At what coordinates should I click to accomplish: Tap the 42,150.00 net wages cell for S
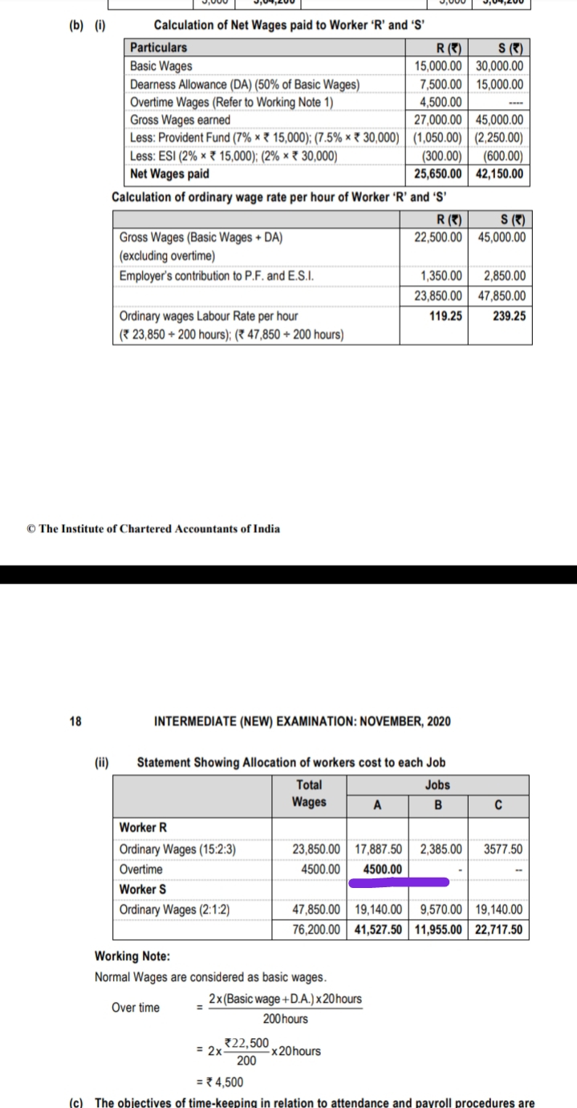498,173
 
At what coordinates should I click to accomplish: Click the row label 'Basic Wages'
161,66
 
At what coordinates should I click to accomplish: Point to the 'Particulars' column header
159,48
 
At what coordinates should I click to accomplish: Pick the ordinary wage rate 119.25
445,316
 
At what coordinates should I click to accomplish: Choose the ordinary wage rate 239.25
509,316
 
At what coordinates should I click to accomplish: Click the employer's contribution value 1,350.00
441,277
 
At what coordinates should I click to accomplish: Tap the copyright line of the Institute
153,528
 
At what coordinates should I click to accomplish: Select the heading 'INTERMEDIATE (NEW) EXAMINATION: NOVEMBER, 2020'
302,721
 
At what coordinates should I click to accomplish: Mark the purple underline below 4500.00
398,883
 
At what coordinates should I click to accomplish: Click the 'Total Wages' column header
309,793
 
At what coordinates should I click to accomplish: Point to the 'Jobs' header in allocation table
438,784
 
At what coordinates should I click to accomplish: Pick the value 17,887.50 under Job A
379,849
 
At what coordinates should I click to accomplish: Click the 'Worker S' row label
143,890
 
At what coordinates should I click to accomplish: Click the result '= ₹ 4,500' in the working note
221,1082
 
